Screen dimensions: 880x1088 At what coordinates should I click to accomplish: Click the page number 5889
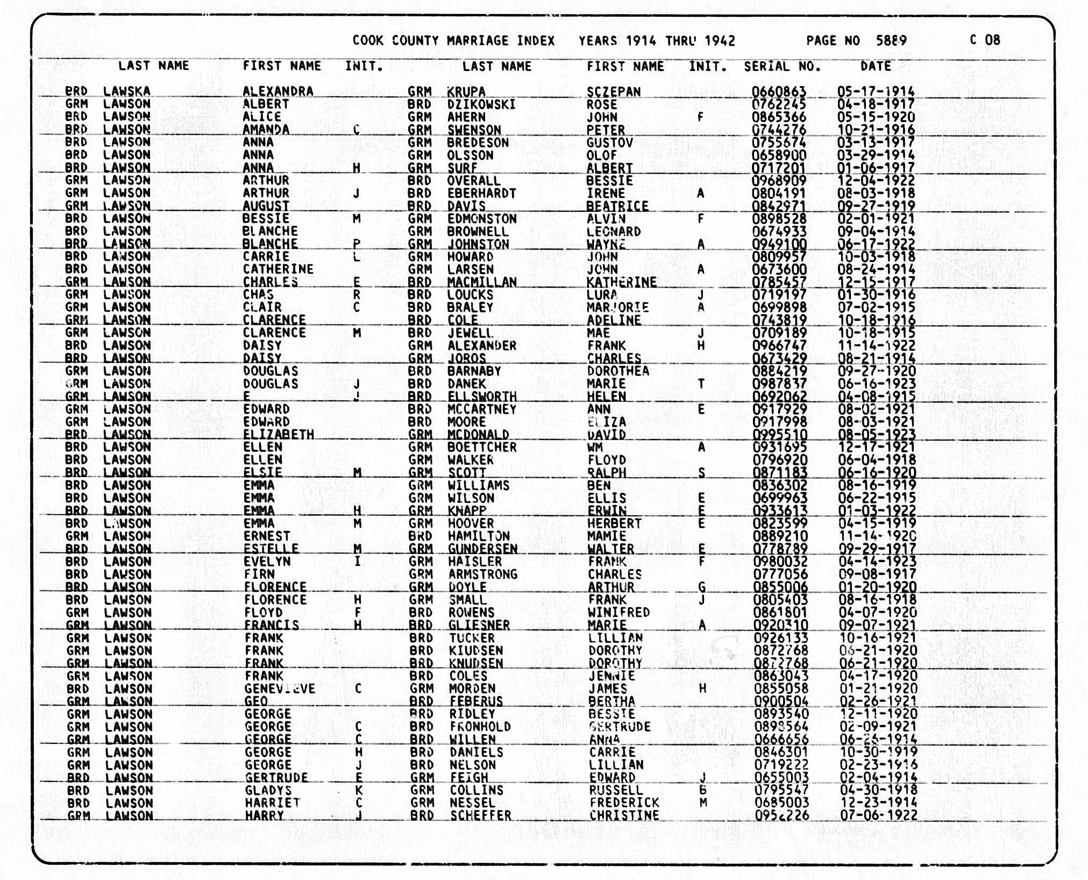(x=891, y=40)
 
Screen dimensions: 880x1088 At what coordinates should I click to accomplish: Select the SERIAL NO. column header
(x=782, y=67)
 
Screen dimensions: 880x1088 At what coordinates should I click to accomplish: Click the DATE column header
(x=876, y=66)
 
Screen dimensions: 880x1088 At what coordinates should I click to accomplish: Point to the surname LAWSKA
(x=126, y=91)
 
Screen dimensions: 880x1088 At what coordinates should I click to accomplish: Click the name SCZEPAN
(x=614, y=92)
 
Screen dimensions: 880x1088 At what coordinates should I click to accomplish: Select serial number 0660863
(x=779, y=92)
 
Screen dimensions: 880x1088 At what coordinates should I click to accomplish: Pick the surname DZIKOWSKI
(x=481, y=104)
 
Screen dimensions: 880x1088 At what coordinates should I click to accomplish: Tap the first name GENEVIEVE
(x=280, y=689)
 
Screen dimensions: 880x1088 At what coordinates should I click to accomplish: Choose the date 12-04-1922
(x=876, y=181)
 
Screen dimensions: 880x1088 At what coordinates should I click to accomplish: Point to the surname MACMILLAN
(x=482, y=282)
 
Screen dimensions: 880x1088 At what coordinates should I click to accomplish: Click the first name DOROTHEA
(x=618, y=371)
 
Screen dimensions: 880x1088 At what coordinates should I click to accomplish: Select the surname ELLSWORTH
(x=482, y=396)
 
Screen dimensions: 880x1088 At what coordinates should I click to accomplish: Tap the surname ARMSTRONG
(x=483, y=574)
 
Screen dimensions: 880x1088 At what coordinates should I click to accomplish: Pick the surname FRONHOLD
(x=480, y=727)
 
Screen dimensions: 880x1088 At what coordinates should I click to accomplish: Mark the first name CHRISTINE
(x=624, y=815)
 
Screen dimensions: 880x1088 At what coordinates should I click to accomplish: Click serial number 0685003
(x=781, y=803)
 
